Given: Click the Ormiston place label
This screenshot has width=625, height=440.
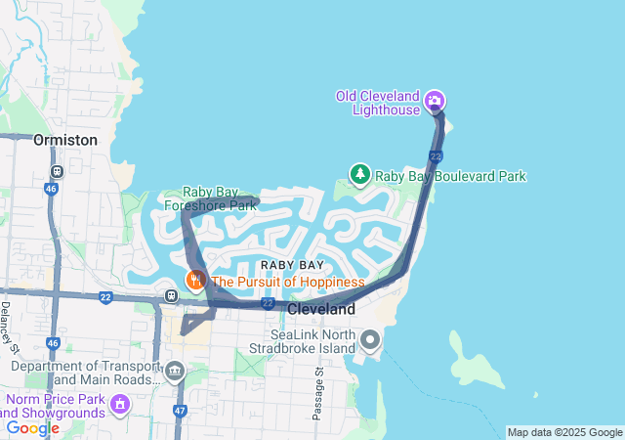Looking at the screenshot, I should point(65,140).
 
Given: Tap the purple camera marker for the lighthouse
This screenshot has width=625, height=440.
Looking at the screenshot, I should point(436,100).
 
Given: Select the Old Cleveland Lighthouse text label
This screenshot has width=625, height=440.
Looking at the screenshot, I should point(378,102).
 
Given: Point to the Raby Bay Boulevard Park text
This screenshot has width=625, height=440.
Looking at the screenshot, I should point(451,176).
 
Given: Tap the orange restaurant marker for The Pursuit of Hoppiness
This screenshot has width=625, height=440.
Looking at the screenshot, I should point(195,281).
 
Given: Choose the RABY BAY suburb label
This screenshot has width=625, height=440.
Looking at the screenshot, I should point(292,265).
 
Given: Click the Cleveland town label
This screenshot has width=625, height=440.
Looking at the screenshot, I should point(321,308).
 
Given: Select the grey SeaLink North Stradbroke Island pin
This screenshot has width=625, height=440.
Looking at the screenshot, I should point(370,340).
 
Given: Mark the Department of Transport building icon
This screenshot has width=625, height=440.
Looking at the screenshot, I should point(174,371).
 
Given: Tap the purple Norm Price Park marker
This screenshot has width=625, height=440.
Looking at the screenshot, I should point(120,402).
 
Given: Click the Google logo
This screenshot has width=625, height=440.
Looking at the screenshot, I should point(32,427).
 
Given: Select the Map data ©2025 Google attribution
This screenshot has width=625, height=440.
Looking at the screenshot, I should point(563,432).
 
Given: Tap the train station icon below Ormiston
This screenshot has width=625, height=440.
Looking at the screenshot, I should point(57,171).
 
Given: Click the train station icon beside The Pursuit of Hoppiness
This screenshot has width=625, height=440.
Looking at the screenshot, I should point(171,295).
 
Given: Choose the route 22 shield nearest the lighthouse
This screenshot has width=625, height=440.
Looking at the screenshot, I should point(436,156).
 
